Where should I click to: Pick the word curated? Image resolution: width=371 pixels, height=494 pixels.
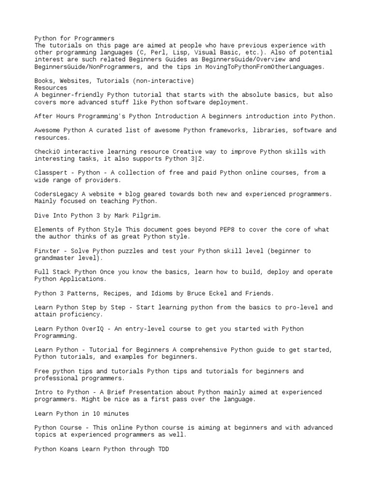[105, 130]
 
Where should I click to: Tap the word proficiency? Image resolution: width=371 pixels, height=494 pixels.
[78, 315]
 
